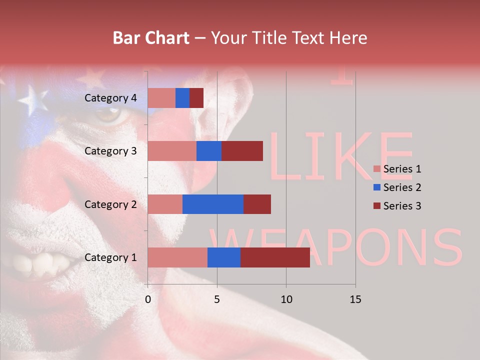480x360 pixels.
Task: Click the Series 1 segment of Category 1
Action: (x=177, y=257)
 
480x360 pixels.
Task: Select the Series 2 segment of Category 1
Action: (x=224, y=257)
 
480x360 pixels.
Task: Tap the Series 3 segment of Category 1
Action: (x=275, y=257)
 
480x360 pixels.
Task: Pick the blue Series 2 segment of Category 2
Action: (x=213, y=204)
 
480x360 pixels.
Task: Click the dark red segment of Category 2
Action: (x=257, y=204)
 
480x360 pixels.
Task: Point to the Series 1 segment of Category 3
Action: (x=172, y=151)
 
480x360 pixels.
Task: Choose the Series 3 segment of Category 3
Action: (x=242, y=151)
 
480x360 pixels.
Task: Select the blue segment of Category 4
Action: (x=182, y=98)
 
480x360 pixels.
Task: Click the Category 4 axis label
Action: (x=110, y=98)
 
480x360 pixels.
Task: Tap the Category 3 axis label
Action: (x=110, y=151)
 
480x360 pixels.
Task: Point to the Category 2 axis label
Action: (x=110, y=204)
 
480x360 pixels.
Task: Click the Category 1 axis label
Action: (x=110, y=257)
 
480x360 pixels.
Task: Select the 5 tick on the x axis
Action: (x=217, y=299)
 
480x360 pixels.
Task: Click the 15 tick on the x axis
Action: (x=355, y=299)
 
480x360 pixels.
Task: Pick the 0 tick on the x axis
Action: (x=148, y=299)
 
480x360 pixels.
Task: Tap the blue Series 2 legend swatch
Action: (x=377, y=187)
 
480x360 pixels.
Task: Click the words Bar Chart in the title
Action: (x=151, y=38)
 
